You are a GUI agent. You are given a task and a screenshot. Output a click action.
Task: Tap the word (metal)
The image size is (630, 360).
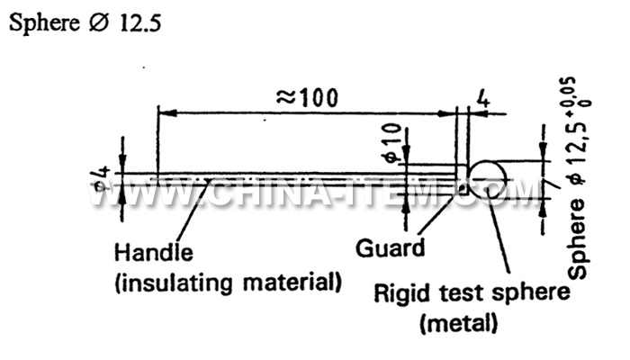point(459,322)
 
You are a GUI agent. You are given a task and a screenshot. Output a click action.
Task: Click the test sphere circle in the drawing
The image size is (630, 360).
point(488,178)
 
